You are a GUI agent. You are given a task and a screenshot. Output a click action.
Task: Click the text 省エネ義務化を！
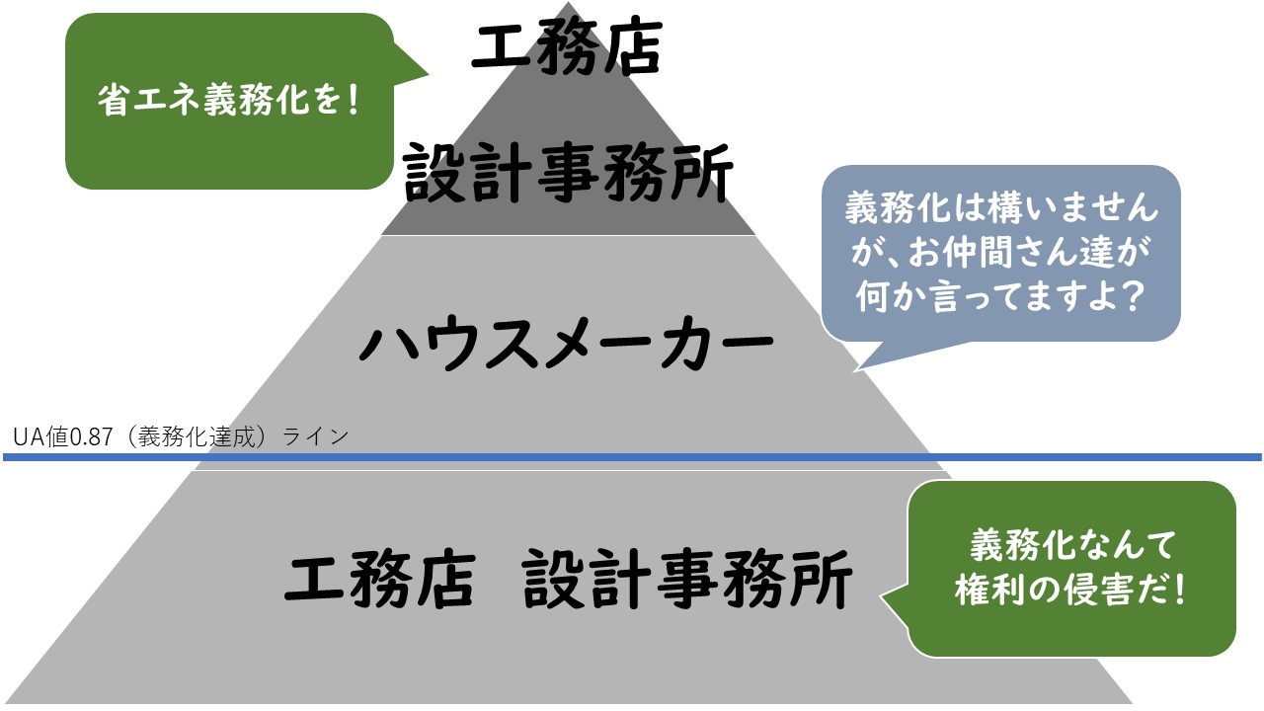point(228,101)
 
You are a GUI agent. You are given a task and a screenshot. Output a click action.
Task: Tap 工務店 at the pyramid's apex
point(567,46)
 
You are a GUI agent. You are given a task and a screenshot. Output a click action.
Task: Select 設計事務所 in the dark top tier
point(569,172)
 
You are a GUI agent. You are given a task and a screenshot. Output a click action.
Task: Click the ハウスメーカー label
point(567,342)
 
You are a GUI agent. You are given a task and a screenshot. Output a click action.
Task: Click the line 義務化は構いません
point(1001,207)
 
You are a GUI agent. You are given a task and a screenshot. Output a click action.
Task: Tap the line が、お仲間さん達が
point(1000,252)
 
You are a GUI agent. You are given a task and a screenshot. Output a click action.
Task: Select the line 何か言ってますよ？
point(1000,295)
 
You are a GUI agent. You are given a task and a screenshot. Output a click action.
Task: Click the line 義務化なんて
point(1072,545)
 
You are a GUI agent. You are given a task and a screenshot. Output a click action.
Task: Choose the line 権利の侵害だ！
point(1070,590)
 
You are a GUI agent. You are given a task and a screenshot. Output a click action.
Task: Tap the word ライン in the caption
point(315,436)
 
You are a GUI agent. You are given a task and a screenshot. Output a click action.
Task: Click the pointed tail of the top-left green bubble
point(428,74)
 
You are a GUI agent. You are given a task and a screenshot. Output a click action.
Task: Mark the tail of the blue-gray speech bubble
point(855,370)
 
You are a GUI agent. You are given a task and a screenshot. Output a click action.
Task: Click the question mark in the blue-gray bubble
point(1133,296)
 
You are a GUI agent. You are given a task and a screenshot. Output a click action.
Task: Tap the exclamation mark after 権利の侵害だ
point(1179,590)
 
